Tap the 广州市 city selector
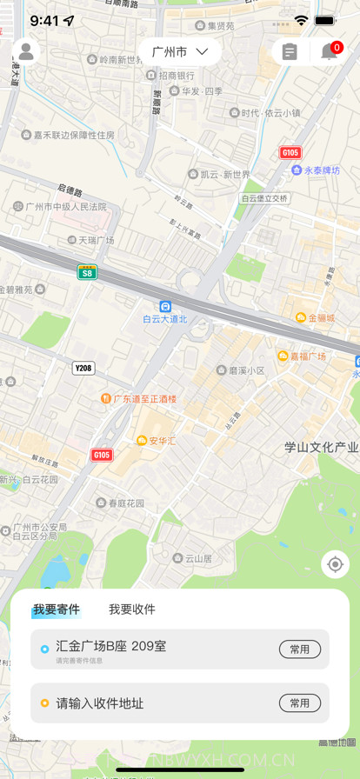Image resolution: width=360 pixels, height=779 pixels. point(180,52)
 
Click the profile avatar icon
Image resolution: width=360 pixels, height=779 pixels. point(26,52)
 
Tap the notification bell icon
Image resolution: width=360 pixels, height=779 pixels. point(330,52)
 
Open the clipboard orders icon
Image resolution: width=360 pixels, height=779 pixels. point(290,52)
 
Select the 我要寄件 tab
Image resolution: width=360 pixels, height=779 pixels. point(57,609)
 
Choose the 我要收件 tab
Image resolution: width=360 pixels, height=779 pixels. point(132,609)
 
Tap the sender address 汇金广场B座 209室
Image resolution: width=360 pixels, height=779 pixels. point(111,646)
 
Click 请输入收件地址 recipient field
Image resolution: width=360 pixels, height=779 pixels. point(100,703)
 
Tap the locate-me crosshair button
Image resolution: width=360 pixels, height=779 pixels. point(335,564)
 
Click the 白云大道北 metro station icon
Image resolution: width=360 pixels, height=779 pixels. point(165,306)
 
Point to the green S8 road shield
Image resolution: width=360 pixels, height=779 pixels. point(87,272)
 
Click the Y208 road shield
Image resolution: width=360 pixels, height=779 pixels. point(83,368)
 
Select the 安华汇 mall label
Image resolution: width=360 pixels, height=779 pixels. point(157,441)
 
